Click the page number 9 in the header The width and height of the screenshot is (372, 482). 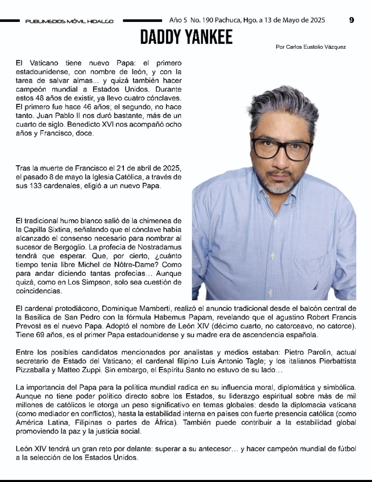coord(351,20)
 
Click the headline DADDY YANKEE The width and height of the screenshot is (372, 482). coord(186,37)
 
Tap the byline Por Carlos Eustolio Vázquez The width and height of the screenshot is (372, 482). coord(311,47)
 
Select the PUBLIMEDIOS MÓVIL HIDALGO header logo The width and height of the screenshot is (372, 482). coord(69,21)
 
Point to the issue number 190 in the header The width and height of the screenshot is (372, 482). coord(207,20)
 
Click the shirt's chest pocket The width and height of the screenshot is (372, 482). coord(324,272)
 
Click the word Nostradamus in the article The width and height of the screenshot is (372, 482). coord(159,247)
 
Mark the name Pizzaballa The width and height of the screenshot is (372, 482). coord(33,370)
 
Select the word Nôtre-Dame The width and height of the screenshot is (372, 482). coord(143,265)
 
